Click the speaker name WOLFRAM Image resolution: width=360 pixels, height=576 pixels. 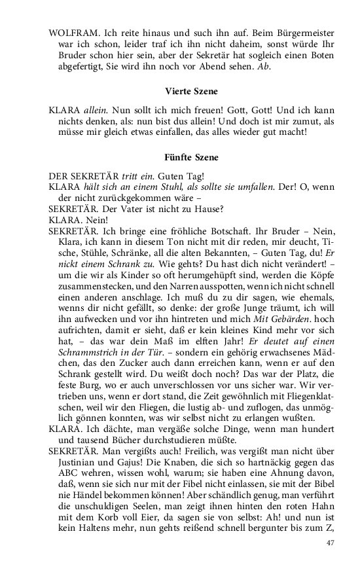71,32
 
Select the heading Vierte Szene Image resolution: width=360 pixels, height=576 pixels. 192,91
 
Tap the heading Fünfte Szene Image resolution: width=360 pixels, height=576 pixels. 192,158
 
